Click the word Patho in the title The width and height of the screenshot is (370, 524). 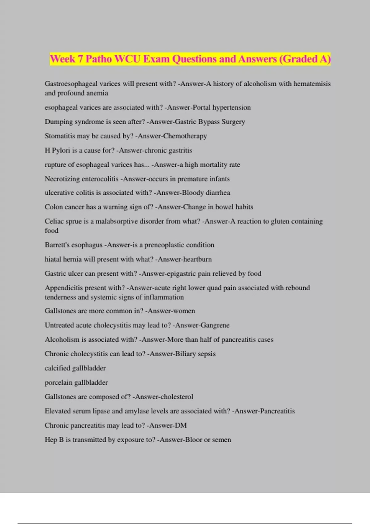coord(99,59)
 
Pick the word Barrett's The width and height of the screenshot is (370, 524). coord(57,245)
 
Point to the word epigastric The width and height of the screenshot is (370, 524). coord(183,274)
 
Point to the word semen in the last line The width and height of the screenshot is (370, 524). coord(221,440)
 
